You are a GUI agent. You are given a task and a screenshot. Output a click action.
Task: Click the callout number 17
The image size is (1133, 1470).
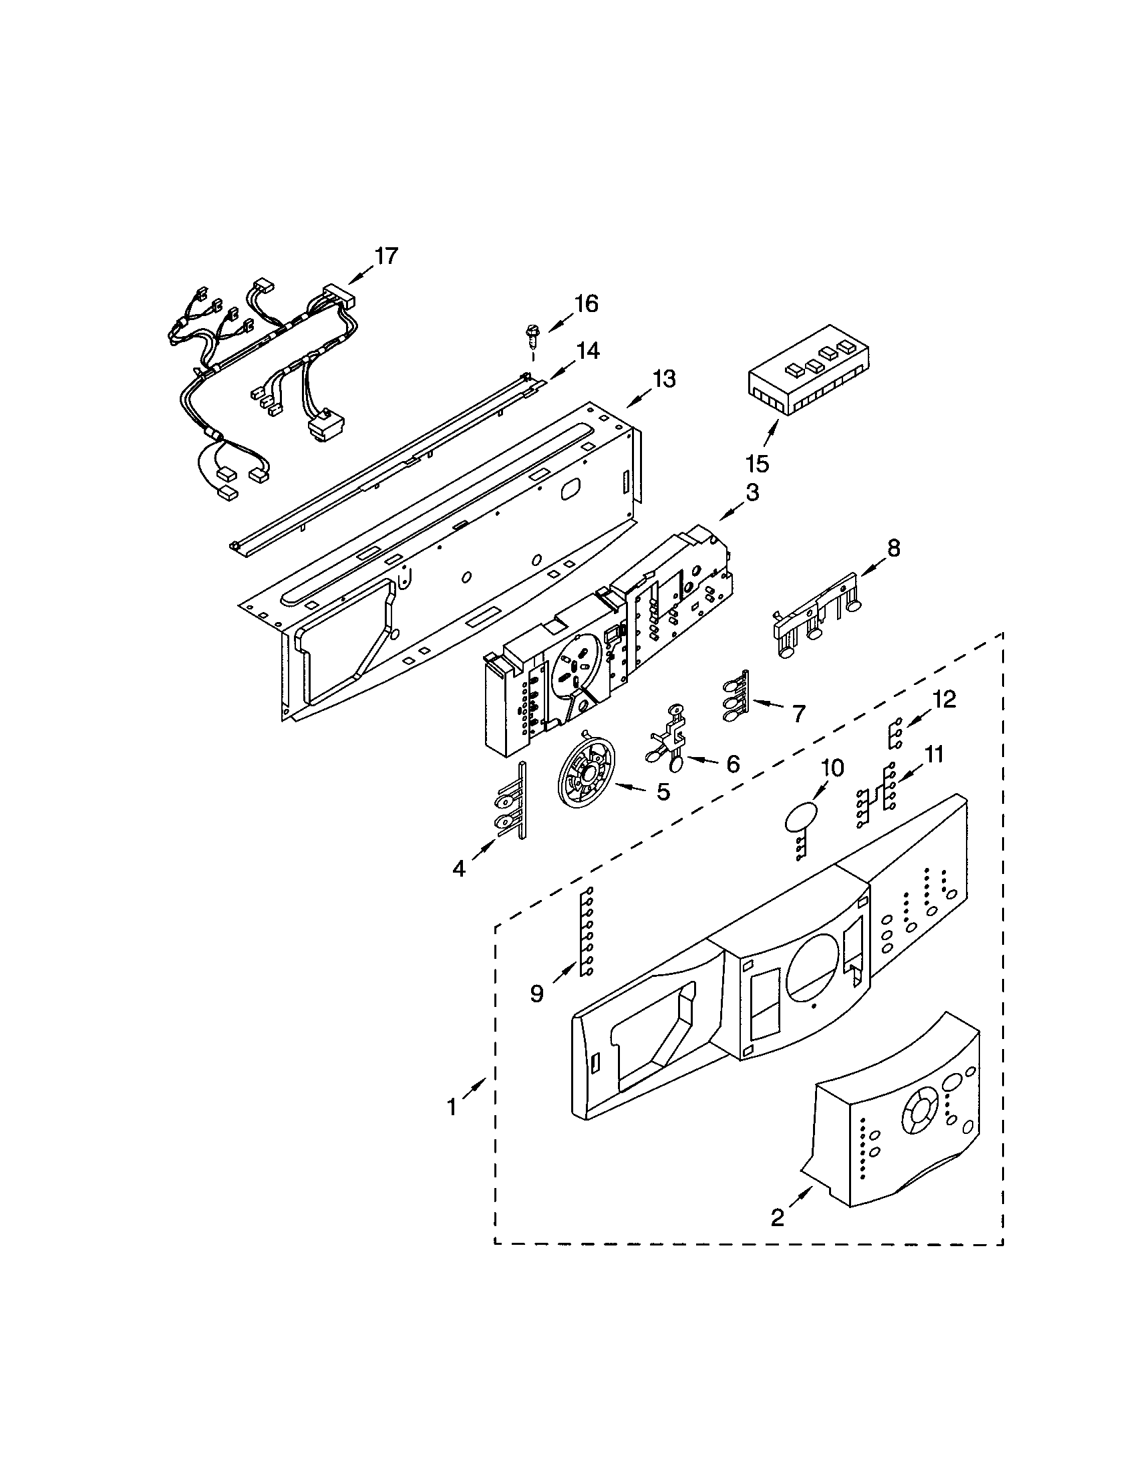pos(386,256)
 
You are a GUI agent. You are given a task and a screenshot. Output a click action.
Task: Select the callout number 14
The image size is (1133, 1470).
pos(587,351)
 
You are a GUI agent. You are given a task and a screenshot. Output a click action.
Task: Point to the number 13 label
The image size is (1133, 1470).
pos(663,379)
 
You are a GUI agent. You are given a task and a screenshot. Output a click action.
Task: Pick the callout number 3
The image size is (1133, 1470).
pos(752,492)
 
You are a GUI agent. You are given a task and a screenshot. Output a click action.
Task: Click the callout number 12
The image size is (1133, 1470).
pos(944,700)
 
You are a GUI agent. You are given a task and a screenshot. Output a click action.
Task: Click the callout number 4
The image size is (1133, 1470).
pos(458,869)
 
